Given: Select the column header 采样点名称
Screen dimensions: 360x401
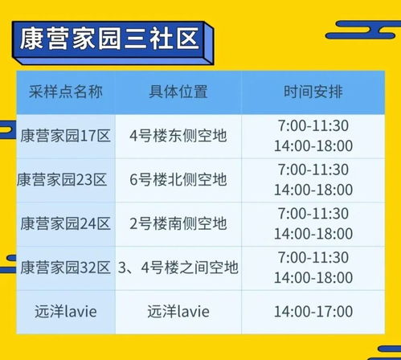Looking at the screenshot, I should click(63, 92).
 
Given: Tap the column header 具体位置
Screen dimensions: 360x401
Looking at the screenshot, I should click(178, 92).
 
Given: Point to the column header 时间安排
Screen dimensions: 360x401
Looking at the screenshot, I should click(313, 92).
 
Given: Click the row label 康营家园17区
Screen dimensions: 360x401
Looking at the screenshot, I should click(64, 136).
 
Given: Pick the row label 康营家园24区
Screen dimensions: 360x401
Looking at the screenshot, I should click(64, 223).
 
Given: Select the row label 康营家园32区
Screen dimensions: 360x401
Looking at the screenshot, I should click(64, 267).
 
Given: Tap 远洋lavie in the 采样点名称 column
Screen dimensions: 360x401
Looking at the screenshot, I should click(63, 311).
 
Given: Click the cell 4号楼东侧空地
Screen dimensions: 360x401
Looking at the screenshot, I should click(178, 136).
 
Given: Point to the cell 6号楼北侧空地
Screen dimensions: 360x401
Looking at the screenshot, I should click(178, 179).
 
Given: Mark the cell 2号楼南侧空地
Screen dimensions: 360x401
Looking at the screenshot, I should click(178, 223).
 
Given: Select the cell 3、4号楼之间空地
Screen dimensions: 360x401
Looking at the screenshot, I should click(178, 267).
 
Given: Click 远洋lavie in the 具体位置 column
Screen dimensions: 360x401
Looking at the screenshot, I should click(178, 311).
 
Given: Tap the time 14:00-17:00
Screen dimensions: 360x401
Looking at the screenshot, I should click(313, 311).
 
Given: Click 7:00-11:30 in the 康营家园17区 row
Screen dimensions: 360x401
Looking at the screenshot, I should click(313, 126).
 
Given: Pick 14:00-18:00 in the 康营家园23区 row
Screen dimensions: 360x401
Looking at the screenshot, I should click(313, 190).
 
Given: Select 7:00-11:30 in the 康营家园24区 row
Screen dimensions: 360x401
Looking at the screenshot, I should click(313, 213).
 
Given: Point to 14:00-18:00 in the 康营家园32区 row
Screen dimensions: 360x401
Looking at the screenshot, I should click(313, 276).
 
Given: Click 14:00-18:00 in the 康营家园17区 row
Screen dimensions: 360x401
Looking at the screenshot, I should click(313, 145).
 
